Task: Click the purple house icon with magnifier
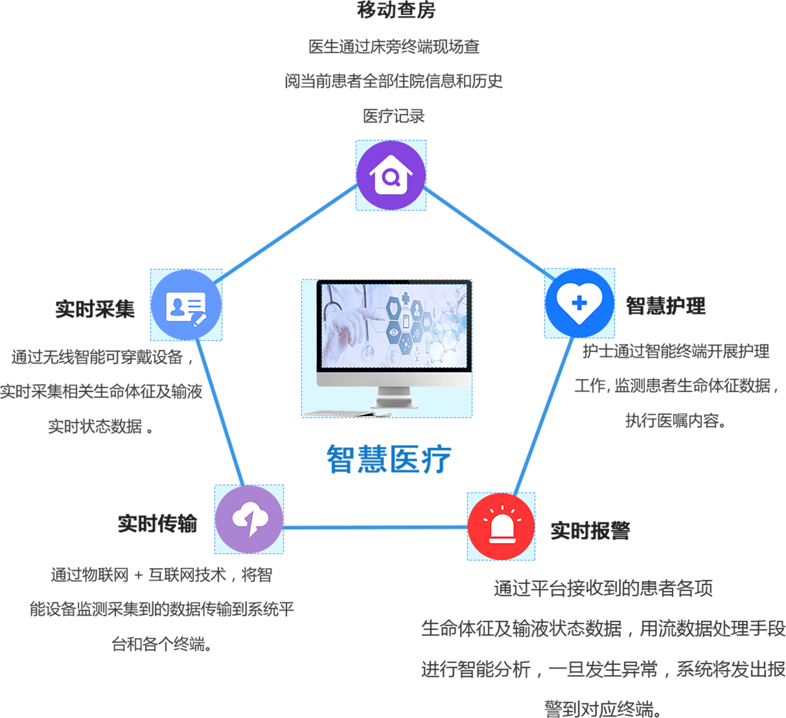pos(391,175)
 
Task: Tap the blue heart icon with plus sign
pos(579,303)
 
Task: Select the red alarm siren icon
pos(501,526)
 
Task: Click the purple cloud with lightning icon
pos(249,519)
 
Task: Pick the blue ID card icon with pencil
pos(186,305)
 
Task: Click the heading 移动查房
pos(396,10)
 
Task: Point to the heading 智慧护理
pos(665,306)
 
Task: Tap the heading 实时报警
pos(590,531)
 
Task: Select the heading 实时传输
pos(157,524)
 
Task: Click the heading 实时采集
pos(95,309)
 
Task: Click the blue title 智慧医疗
pos(388,459)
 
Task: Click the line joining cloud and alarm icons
pos(376,527)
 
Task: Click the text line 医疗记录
pos(394,116)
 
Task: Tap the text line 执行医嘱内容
pos(675,421)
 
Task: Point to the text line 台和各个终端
pos(161,645)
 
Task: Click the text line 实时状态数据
pos(100,426)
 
